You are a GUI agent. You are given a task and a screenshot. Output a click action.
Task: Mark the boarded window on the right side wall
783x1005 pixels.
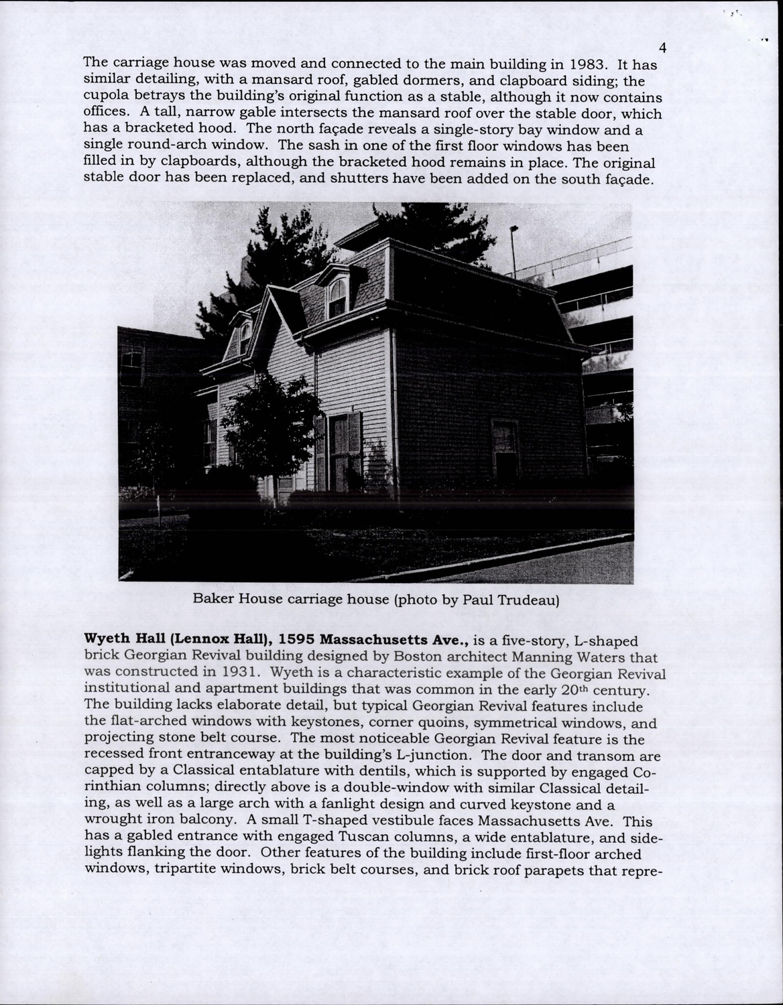(x=505, y=446)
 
